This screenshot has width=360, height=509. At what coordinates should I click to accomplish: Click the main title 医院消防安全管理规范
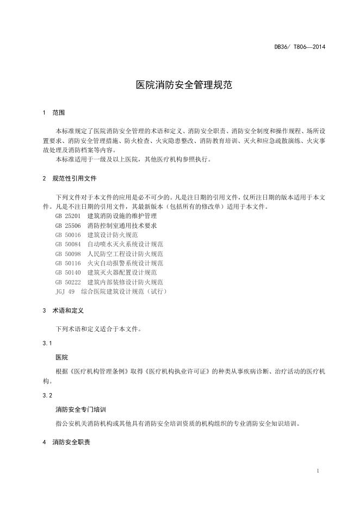point(179,85)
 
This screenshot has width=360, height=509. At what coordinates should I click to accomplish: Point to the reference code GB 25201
point(67,216)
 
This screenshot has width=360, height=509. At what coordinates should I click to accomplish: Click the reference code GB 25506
point(67,225)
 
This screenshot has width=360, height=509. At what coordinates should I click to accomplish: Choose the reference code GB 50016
point(67,235)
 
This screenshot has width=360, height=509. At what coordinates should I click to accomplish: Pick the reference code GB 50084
point(67,244)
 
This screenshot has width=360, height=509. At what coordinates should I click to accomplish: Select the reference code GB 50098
point(67,254)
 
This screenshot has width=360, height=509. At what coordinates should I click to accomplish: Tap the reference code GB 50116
point(67,263)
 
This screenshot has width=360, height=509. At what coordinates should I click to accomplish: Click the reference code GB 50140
point(67,272)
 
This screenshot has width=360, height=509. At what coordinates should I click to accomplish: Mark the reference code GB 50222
point(67,282)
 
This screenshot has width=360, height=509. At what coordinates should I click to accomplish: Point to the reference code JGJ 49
point(65,291)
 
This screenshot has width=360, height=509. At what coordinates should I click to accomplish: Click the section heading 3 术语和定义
point(63,311)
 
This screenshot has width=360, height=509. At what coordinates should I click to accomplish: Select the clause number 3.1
point(47,344)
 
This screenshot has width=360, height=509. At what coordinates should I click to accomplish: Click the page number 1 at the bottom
point(318,470)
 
